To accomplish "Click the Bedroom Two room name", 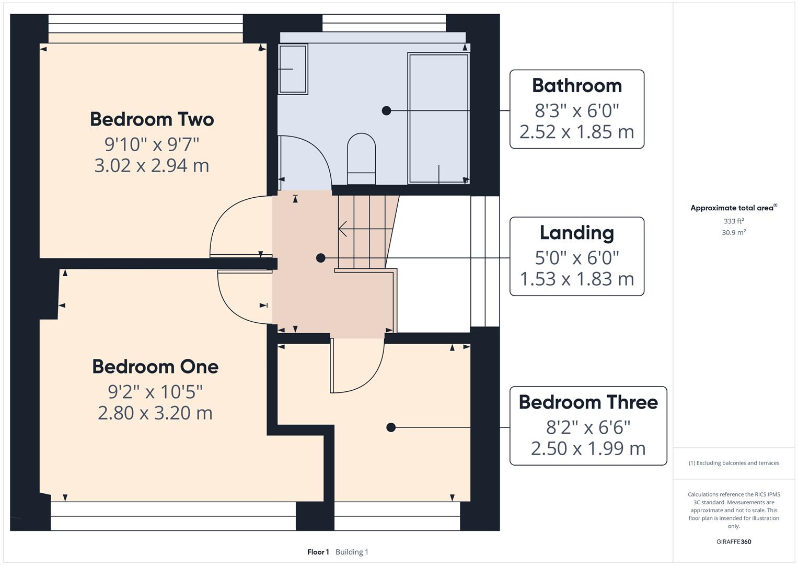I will coord(152,119).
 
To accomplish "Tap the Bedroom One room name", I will coord(155,367).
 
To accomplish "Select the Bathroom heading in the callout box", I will coord(576,86).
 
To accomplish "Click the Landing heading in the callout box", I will coord(576,233).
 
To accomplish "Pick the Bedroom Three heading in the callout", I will coord(588,402).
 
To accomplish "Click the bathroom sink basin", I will coord(293,69).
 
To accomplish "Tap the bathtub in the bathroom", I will coord(438,118).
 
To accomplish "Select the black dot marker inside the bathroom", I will coord(386,110).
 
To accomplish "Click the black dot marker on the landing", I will coord(321,258).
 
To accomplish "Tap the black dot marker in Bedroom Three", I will coord(391,427).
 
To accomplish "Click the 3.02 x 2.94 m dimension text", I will coord(152,166).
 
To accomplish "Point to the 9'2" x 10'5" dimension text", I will coord(155,391).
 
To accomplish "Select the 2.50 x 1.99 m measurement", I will coord(588,449).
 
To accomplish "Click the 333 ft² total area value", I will coord(733,221).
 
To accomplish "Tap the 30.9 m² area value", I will coord(733,232).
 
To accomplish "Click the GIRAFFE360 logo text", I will coord(733,541).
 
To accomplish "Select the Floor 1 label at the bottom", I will coord(318,552).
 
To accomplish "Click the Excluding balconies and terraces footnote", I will coord(734,463).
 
